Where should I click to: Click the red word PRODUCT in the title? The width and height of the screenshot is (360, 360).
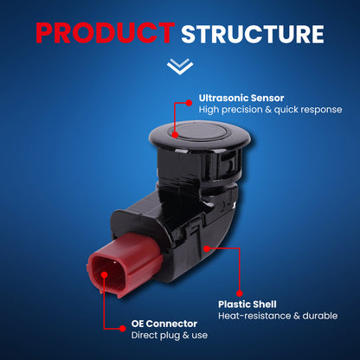coord(106,33)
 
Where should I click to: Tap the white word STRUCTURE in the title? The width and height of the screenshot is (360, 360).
coord(253,34)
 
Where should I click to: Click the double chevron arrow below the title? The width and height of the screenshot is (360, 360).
coord(180,67)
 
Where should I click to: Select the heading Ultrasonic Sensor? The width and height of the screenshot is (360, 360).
coord(241,98)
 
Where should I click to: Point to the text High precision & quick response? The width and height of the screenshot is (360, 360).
coord(270,110)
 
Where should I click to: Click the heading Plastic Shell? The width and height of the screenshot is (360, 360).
coord(247,305)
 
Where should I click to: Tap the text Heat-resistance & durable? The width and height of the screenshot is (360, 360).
coord(278,316)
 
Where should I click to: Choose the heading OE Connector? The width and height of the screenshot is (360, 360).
coord(164,324)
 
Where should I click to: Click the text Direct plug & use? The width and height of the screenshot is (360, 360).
coord(170,335)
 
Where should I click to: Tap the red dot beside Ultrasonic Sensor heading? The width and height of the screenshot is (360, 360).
coord(189,103)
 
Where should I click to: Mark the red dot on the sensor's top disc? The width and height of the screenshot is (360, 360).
coord(175,134)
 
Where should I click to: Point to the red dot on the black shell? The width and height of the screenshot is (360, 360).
coord(207,248)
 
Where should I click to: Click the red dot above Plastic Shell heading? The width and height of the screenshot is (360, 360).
coord(240,293)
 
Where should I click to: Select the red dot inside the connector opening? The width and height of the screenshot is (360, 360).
coord(105,274)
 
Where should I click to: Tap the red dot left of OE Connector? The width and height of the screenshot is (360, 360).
coord(123,329)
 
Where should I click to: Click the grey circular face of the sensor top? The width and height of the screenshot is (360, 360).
coord(200,132)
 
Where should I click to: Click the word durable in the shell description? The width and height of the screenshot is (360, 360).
coord(320,316)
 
